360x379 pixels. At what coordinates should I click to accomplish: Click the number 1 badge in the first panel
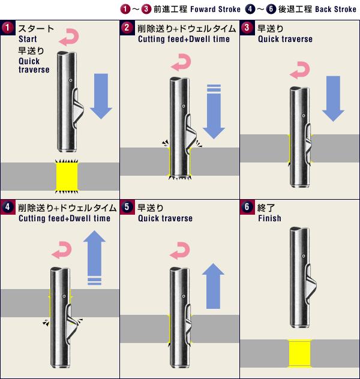pos(7,28)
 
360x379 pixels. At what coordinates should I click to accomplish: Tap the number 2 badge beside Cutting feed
pos(127,28)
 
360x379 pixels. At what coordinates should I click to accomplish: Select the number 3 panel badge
pos(247,28)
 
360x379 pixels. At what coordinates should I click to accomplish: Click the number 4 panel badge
pos(7,207)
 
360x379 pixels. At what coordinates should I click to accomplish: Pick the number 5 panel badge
pos(127,207)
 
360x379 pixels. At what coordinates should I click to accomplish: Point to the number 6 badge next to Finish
pos(247,207)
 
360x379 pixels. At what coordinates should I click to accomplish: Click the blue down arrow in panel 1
pos(101,96)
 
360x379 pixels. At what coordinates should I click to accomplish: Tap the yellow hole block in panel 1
pos(67,176)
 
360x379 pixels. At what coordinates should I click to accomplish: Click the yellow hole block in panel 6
pos(299,353)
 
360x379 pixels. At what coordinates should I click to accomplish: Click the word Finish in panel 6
pos(269,218)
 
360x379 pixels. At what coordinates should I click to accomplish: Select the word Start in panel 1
pos(28,39)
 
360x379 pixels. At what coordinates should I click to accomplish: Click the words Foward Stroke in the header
pos(209,10)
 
